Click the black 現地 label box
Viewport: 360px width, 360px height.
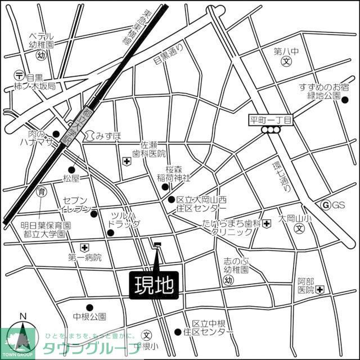[x=154, y=285]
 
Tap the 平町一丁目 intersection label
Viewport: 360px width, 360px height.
[x=271, y=120]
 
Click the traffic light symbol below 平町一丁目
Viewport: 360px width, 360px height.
[x=271, y=130]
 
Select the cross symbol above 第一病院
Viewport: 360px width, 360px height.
[x=84, y=247]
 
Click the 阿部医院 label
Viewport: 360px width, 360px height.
[x=306, y=285]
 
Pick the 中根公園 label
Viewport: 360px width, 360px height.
[x=89, y=317]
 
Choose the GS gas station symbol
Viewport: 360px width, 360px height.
[x=325, y=205]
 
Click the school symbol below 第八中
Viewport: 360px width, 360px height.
[x=286, y=62]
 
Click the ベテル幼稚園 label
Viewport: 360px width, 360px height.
[x=42, y=39]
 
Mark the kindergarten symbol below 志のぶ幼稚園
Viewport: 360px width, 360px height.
[x=228, y=280]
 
